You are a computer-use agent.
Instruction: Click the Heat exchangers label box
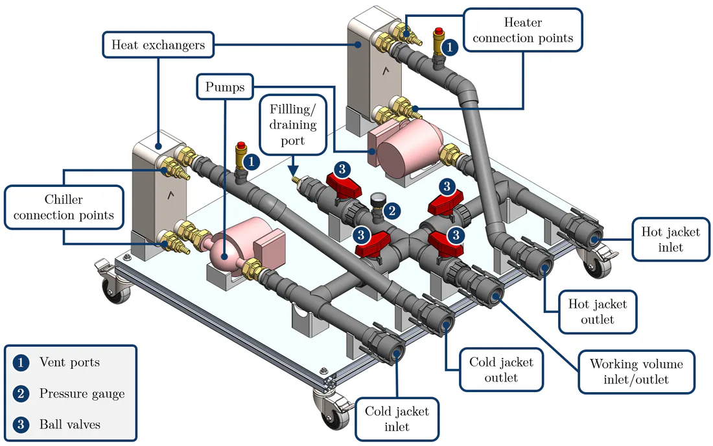tap(158, 45)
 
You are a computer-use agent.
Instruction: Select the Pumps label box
tap(225, 86)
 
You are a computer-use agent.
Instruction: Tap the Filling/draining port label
tap(293, 125)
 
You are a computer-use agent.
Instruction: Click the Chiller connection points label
tap(64, 207)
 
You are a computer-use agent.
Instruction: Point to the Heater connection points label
tap(522, 30)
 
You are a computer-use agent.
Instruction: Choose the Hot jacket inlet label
tap(670, 239)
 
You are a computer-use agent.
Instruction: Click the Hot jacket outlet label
tap(597, 312)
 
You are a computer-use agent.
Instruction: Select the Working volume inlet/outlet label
tap(636, 371)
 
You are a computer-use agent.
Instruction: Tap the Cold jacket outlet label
tap(501, 369)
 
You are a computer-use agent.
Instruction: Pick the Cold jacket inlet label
tap(397, 419)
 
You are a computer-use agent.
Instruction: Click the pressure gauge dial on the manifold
tap(377, 199)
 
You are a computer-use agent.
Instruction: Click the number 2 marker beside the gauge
tap(392, 210)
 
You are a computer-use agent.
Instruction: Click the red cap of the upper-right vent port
tap(438, 31)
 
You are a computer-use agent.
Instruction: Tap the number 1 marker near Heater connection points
tap(450, 47)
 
